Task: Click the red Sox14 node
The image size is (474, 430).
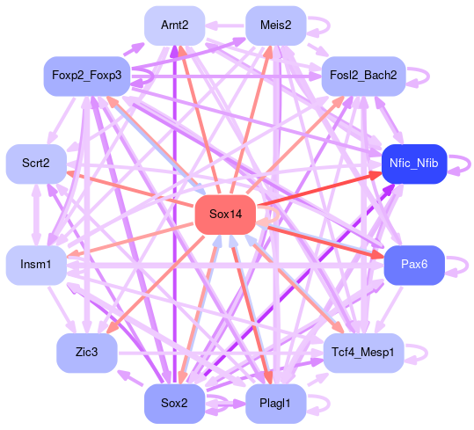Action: click(225, 215)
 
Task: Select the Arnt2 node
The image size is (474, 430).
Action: click(175, 26)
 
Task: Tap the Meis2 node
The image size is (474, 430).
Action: click(276, 26)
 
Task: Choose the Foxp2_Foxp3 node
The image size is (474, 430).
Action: click(87, 76)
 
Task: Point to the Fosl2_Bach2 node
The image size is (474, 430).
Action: click(363, 76)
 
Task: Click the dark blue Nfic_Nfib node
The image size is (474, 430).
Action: click(414, 164)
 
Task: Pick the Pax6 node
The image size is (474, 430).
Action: click(414, 265)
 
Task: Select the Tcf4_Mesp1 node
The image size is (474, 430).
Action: click(363, 353)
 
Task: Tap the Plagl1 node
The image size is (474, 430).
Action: click(276, 404)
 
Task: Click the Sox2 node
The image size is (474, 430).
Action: click(175, 404)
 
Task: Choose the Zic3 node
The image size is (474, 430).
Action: click(87, 353)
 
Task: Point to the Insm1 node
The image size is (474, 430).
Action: click(36, 265)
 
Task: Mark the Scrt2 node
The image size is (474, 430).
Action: click(36, 164)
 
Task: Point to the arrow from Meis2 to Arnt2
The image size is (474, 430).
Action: click(225, 26)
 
